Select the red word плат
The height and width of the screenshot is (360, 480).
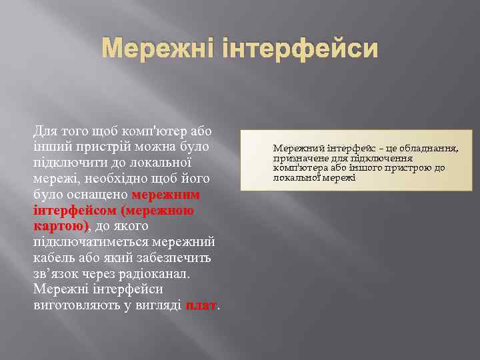[201, 305]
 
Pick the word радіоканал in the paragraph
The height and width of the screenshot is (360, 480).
[155, 274]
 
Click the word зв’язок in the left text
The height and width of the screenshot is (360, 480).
[56, 274]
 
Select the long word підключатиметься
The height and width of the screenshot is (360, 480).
[91, 242]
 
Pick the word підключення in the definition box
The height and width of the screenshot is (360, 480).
[385, 158]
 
